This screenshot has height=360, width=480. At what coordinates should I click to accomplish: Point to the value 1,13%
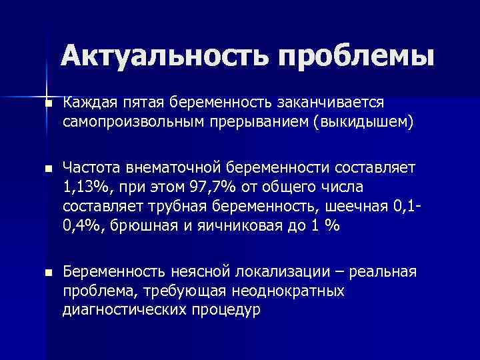(x=85, y=187)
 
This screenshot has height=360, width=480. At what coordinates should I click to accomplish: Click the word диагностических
(x=122, y=310)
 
